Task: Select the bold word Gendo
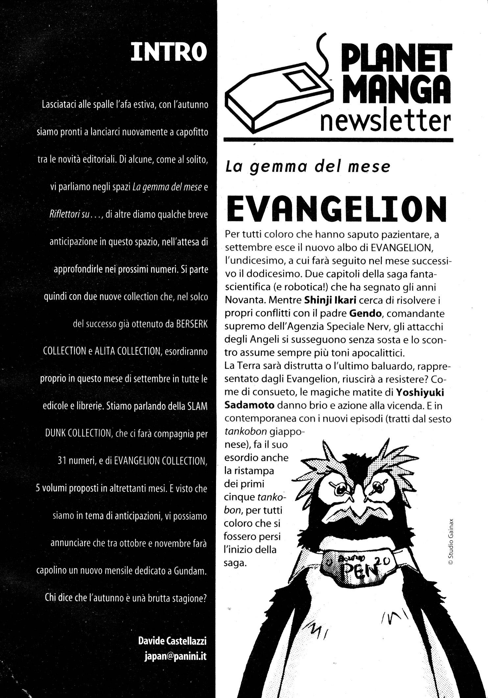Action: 365,313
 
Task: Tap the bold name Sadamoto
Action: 249,405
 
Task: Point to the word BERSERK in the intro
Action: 192,324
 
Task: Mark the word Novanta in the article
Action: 241,300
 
